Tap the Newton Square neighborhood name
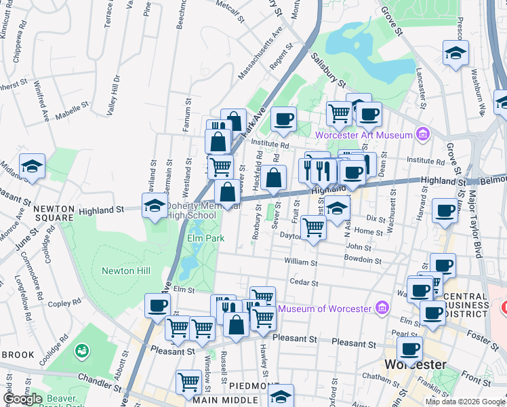pos(43,214)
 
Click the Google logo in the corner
pos(23,398)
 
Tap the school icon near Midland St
pos(32,166)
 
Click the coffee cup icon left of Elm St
pos(157,305)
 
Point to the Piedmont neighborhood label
pos(251,386)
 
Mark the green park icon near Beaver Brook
pos(82,351)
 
